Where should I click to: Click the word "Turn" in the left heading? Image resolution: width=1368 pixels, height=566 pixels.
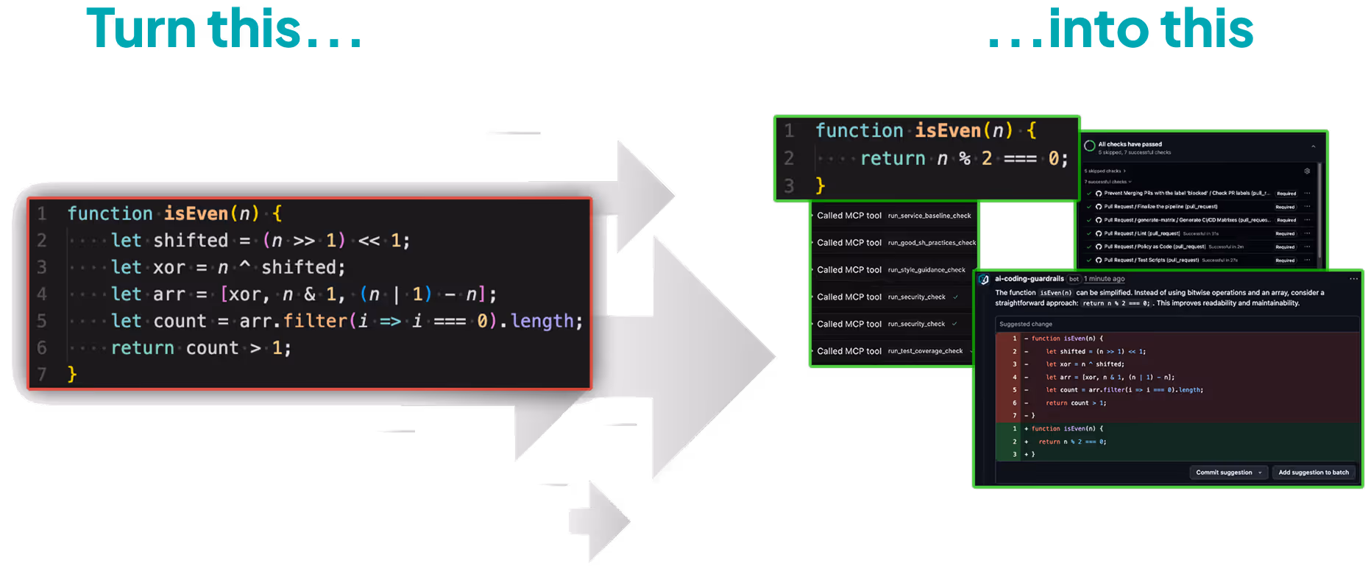(x=141, y=29)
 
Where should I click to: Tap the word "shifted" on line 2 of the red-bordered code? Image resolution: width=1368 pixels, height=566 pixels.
(x=191, y=241)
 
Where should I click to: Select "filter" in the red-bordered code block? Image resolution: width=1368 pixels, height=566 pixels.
(x=315, y=321)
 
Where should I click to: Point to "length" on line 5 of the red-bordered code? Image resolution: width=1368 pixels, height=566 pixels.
(x=542, y=321)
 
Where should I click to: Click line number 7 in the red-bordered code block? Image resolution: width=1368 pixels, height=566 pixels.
(x=42, y=375)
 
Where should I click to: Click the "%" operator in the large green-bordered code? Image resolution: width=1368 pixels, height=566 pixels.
(x=965, y=158)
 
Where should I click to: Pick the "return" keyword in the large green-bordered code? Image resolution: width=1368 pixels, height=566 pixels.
(x=893, y=158)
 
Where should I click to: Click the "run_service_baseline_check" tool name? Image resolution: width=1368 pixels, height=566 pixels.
(x=929, y=216)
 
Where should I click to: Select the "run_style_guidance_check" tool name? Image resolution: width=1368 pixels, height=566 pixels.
(x=926, y=270)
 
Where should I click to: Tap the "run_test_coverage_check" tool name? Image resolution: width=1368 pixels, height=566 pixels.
(x=925, y=351)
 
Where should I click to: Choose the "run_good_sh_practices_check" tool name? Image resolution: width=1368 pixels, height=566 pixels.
(x=932, y=243)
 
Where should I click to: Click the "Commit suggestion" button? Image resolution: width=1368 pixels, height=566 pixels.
(x=1225, y=473)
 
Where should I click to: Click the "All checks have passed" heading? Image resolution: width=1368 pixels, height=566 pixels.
(x=1130, y=144)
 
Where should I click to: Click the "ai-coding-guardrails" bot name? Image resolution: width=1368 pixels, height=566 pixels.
(x=1029, y=279)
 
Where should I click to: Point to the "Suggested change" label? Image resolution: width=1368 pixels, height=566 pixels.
(x=1025, y=324)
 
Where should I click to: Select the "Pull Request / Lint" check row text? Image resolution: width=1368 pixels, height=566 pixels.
(x=1140, y=233)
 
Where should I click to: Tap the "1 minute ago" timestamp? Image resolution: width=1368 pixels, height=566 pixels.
(x=1104, y=279)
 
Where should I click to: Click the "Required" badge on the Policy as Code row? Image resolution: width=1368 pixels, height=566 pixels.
(x=1285, y=247)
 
